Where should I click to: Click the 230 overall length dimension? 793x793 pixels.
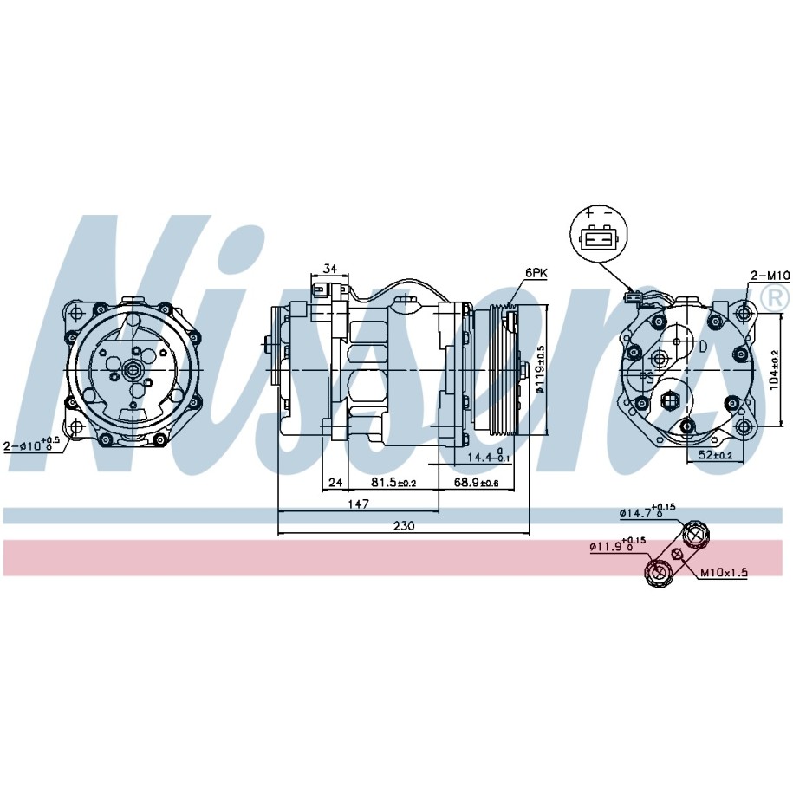(404, 525)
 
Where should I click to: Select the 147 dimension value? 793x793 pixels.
(359, 504)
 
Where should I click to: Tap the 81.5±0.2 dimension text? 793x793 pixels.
(393, 483)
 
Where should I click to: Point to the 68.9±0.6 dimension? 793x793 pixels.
(476, 483)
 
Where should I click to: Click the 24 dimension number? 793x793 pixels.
(335, 483)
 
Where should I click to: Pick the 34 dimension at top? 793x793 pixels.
(330, 269)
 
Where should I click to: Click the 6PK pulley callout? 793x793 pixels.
(536, 273)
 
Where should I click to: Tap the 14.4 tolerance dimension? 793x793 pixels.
(488, 456)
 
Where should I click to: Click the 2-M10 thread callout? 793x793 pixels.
(770, 275)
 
